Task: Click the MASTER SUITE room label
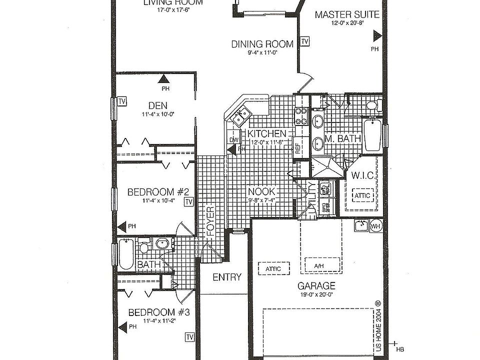(346, 14)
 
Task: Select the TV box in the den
(121, 101)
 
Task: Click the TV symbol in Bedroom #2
(188, 201)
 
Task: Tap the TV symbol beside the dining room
(304, 41)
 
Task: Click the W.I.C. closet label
(360, 175)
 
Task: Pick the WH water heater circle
(376, 226)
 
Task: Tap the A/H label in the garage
(320, 265)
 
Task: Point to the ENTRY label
(227, 277)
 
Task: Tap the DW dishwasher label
(232, 139)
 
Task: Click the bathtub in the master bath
(371, 135)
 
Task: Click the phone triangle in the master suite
(376, 36)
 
